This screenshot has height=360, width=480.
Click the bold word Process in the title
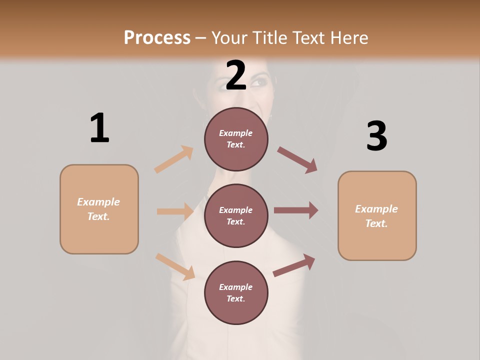tap(157, 37)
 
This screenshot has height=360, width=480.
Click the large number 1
tap(99, 128)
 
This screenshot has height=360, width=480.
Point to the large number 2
tap(236, 75)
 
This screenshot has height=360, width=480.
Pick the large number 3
tap(376, 136)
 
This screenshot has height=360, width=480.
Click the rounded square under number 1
tap(99, 209)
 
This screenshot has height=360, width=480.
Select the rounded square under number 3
tap(377, 216)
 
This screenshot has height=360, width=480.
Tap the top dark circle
tap(236, 139)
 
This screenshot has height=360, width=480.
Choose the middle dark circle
tap(236, 215)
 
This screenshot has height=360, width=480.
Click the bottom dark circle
tap(236, 292)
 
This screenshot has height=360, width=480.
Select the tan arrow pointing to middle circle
tap(175, 211)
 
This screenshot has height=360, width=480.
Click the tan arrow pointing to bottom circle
tap(175, 266)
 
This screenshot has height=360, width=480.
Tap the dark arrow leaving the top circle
tap(297, 160)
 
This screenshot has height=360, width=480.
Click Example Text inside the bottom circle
tap(236, 292)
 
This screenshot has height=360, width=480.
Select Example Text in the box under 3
tap(376, 216)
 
